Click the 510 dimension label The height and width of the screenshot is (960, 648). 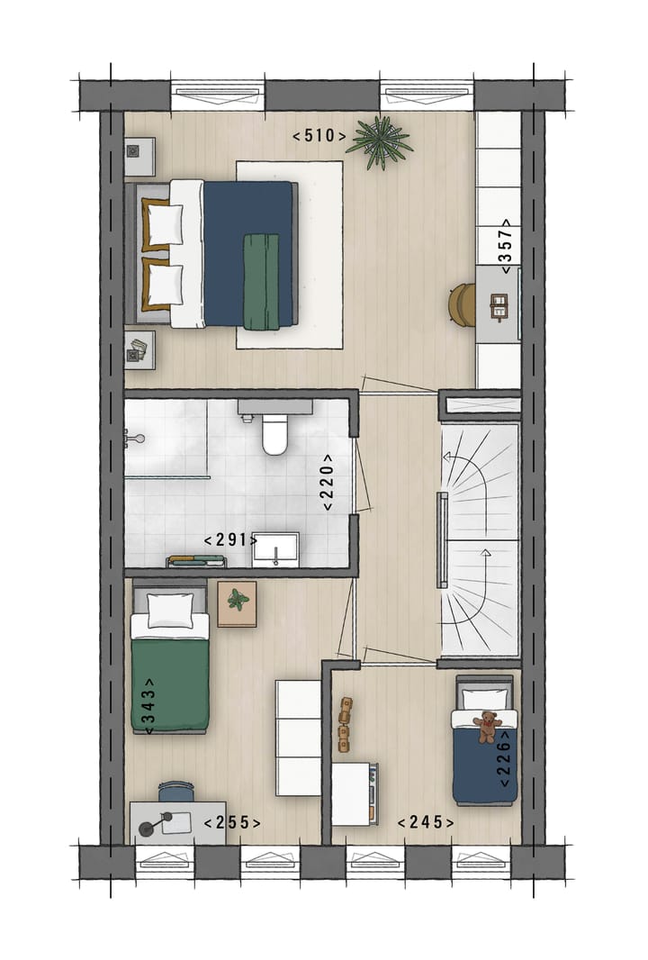tap(319, 136)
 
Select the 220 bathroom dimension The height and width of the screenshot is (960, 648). tap(327, 482)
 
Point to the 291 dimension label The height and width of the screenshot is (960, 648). tap(230, 540)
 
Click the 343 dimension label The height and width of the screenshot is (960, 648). tap(148, 705)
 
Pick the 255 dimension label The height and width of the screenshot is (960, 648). tap(232, 822)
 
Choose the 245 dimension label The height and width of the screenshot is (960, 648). tap(425, 821)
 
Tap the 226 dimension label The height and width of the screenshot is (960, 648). tap(505, 757)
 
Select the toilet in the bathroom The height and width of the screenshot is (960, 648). tap(274, 436)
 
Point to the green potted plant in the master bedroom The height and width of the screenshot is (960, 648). tap(379, 141)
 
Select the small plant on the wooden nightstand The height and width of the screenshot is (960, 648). tap(238, 599)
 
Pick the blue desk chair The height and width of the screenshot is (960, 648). tap(177, 792)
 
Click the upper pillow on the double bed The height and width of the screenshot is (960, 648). tap(162, 224)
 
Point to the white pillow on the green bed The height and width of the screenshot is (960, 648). tap(171, 611)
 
